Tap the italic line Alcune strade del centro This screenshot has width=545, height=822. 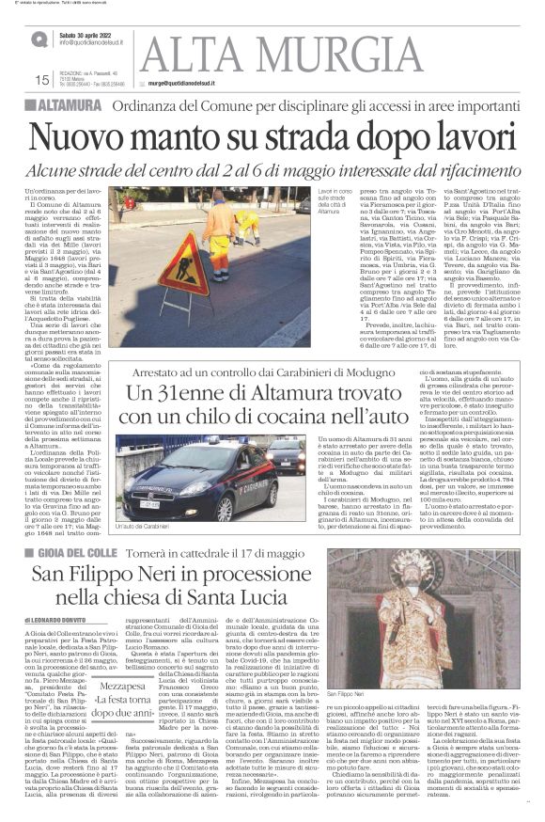click(x=272, y=167)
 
